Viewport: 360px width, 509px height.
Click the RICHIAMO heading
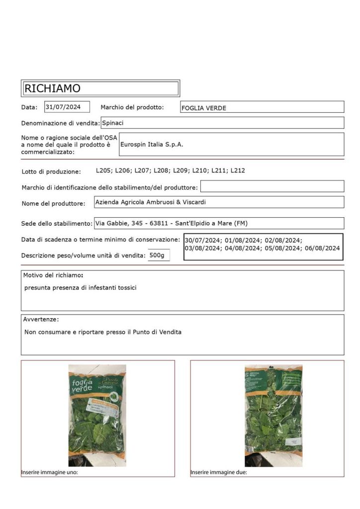click(53, 88)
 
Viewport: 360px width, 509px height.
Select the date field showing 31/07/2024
click(67, 106)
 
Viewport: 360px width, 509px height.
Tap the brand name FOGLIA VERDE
click(204, 108)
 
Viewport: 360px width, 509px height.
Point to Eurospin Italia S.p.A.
click(152, 144)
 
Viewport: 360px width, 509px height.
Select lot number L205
click(104, 170)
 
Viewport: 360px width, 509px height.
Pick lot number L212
click(238, 170)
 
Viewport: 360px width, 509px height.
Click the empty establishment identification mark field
click(272, 186)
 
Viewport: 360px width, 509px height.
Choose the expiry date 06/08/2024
click(323, 248)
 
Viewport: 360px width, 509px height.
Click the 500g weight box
click(159, 255)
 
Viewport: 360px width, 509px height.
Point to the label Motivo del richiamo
click(53, 275)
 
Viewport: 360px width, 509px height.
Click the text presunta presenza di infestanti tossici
click(81, 288)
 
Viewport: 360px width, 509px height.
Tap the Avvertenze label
click(41, 319)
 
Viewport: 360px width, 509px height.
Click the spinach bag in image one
click(97, 415)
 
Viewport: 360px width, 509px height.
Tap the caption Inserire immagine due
click(219, 472)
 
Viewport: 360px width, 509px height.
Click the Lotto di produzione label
click(51, 172)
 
